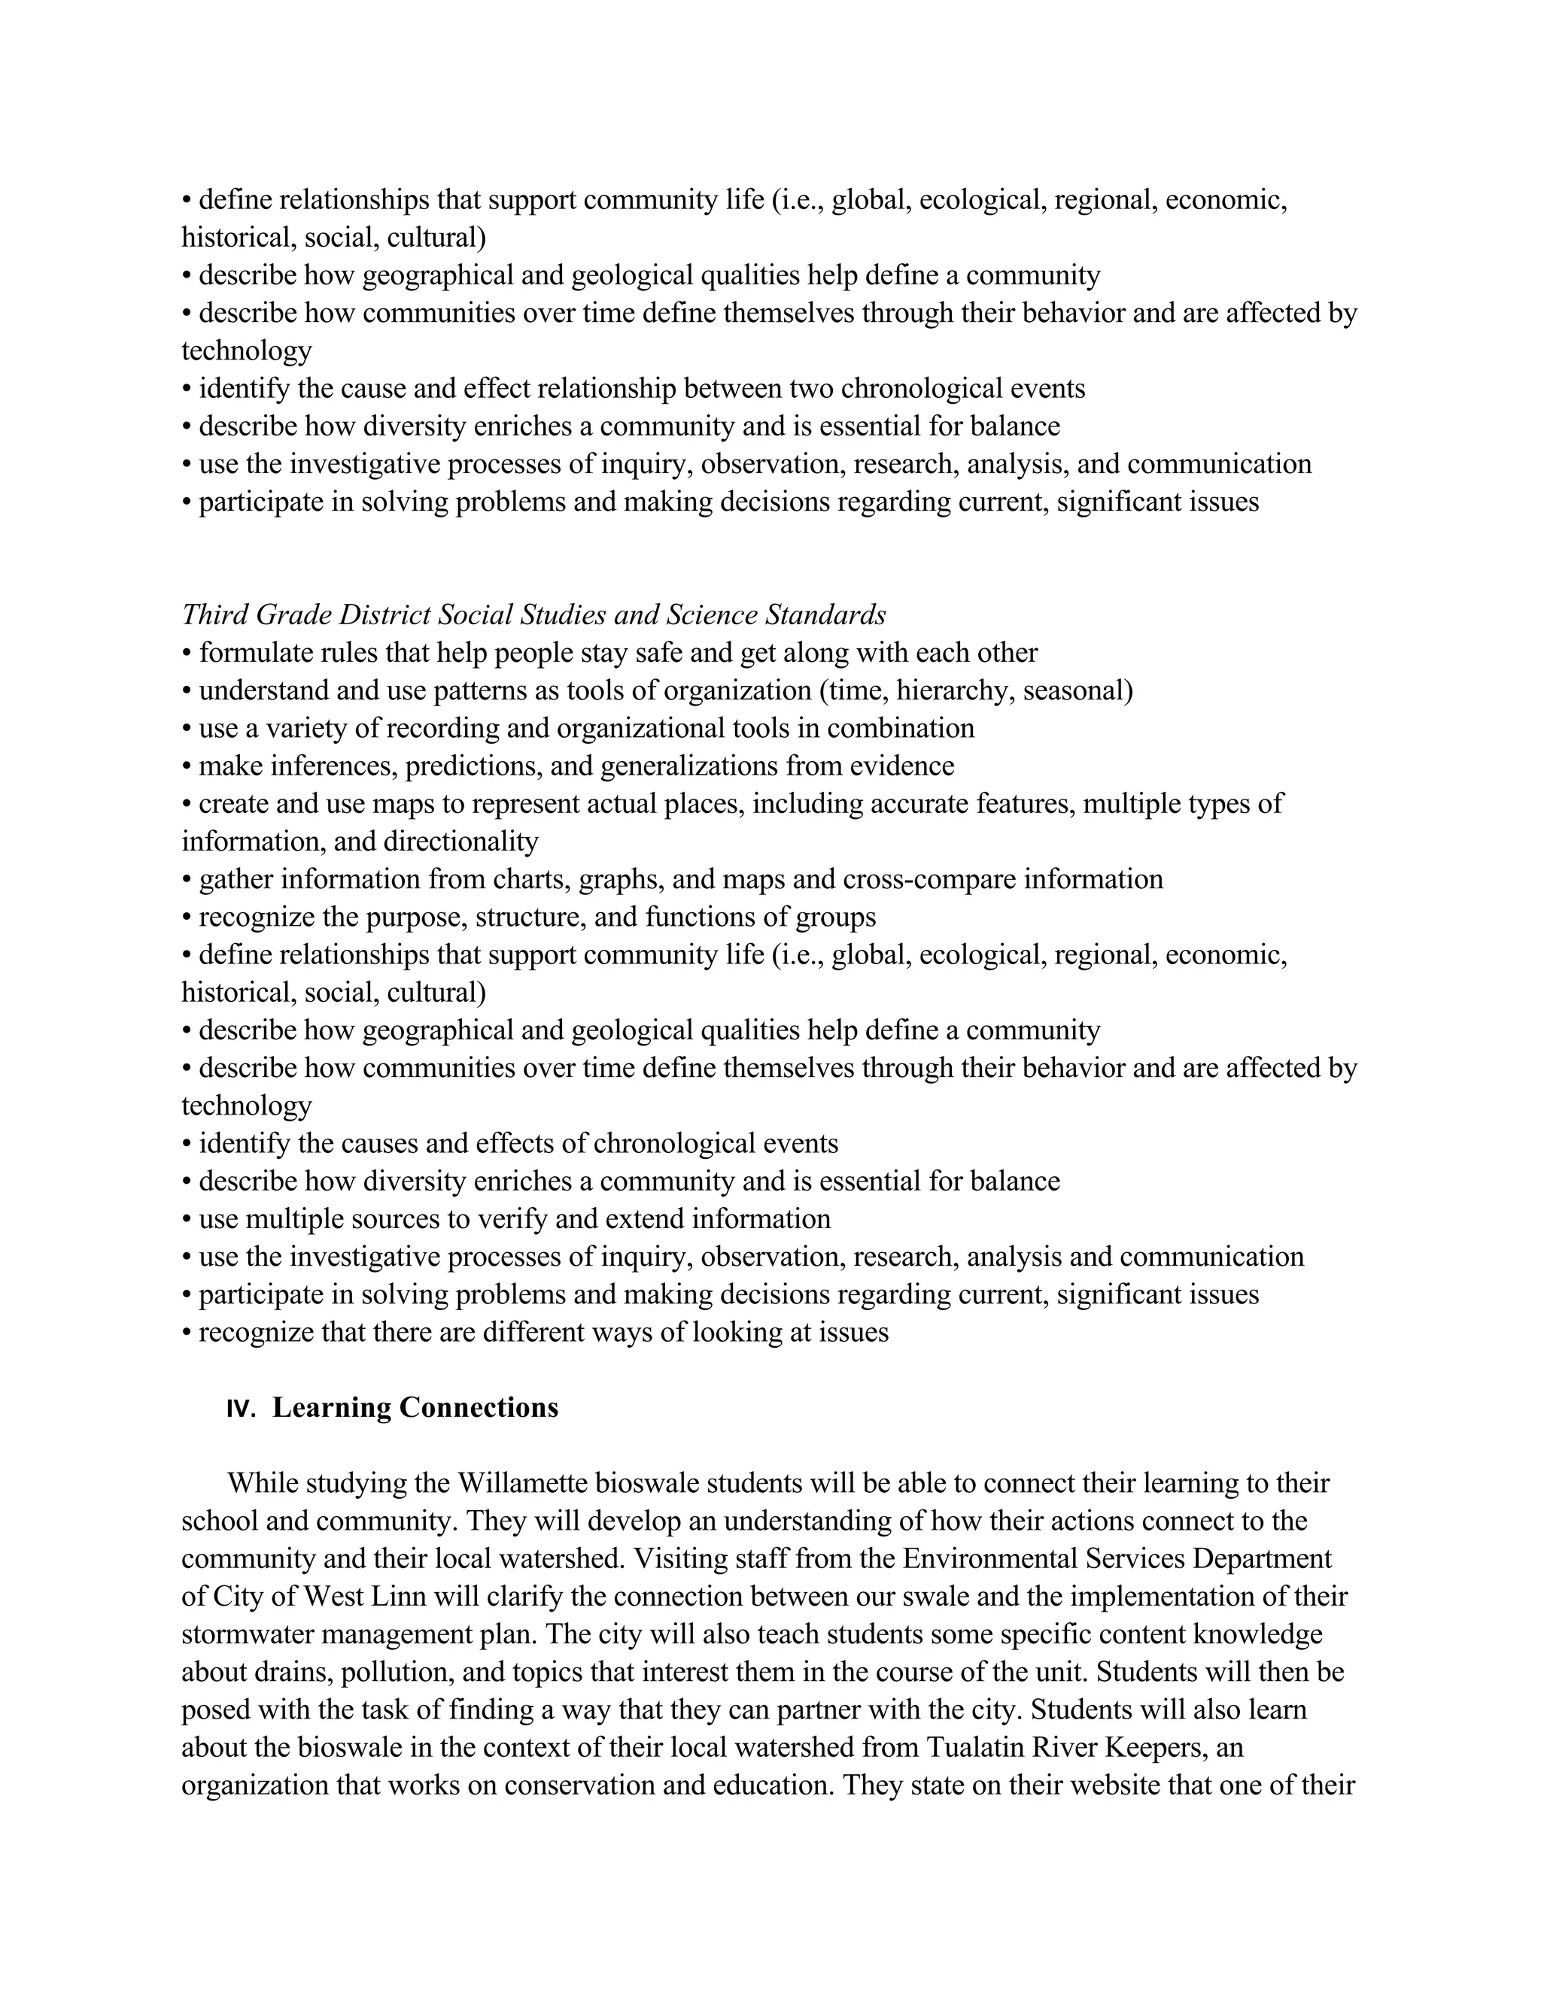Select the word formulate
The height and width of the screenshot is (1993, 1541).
tap(244, 654)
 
